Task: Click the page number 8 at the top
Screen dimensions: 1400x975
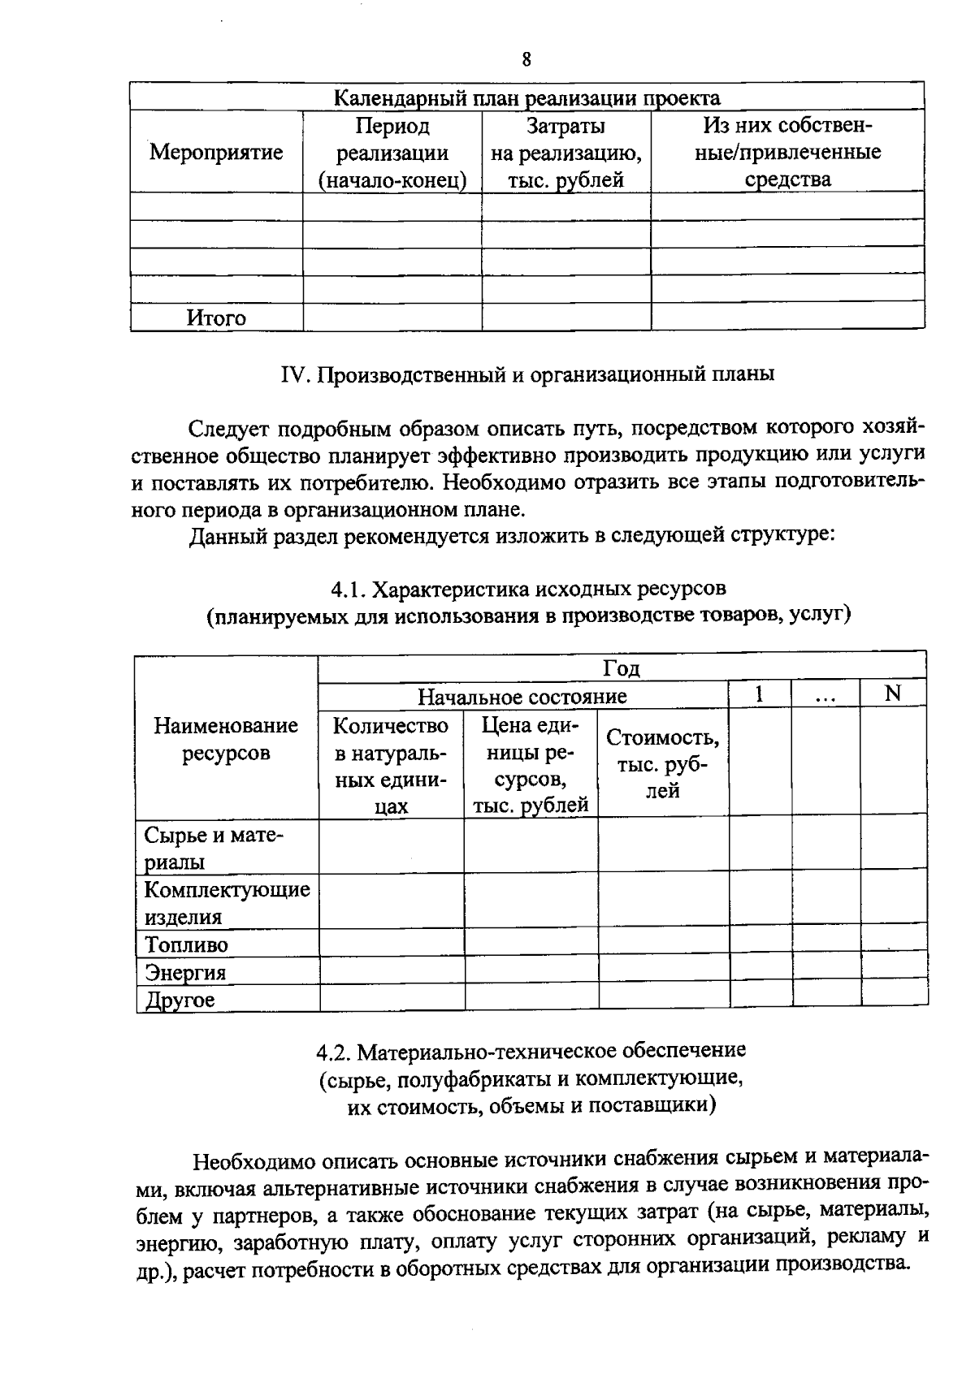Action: [x=526, y=59]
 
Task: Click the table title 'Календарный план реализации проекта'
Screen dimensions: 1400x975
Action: [x=527, y=98]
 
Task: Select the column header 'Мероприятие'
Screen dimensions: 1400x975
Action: [x=216, y=152]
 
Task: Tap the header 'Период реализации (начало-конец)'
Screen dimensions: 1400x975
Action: [x=392, y=153]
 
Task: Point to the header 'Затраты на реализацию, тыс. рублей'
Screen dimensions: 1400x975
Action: [x=565, y=153]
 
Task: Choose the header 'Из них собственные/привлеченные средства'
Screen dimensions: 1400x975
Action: [x=787, y=153]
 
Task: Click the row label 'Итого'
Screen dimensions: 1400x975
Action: [x=216, y=318]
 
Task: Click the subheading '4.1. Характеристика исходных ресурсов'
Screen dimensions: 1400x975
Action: [x=527, y=587]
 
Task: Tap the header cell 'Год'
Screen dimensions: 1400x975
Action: [x=622, y=668]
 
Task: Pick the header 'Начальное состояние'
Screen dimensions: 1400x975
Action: [x=522, y=696]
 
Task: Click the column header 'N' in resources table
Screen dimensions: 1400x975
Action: [x=893, y=694]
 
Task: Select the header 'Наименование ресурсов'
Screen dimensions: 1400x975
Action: [x=226, y=738]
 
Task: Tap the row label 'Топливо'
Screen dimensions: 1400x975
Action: [x=186, y=944]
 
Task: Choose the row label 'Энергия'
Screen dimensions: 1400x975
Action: [x=185, y=972]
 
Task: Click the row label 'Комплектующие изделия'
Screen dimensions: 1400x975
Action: [x=227, y=902]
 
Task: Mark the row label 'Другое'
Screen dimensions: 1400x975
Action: [x=180, y=1000]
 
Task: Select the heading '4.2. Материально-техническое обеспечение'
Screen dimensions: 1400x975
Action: [x=531, y=1051]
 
